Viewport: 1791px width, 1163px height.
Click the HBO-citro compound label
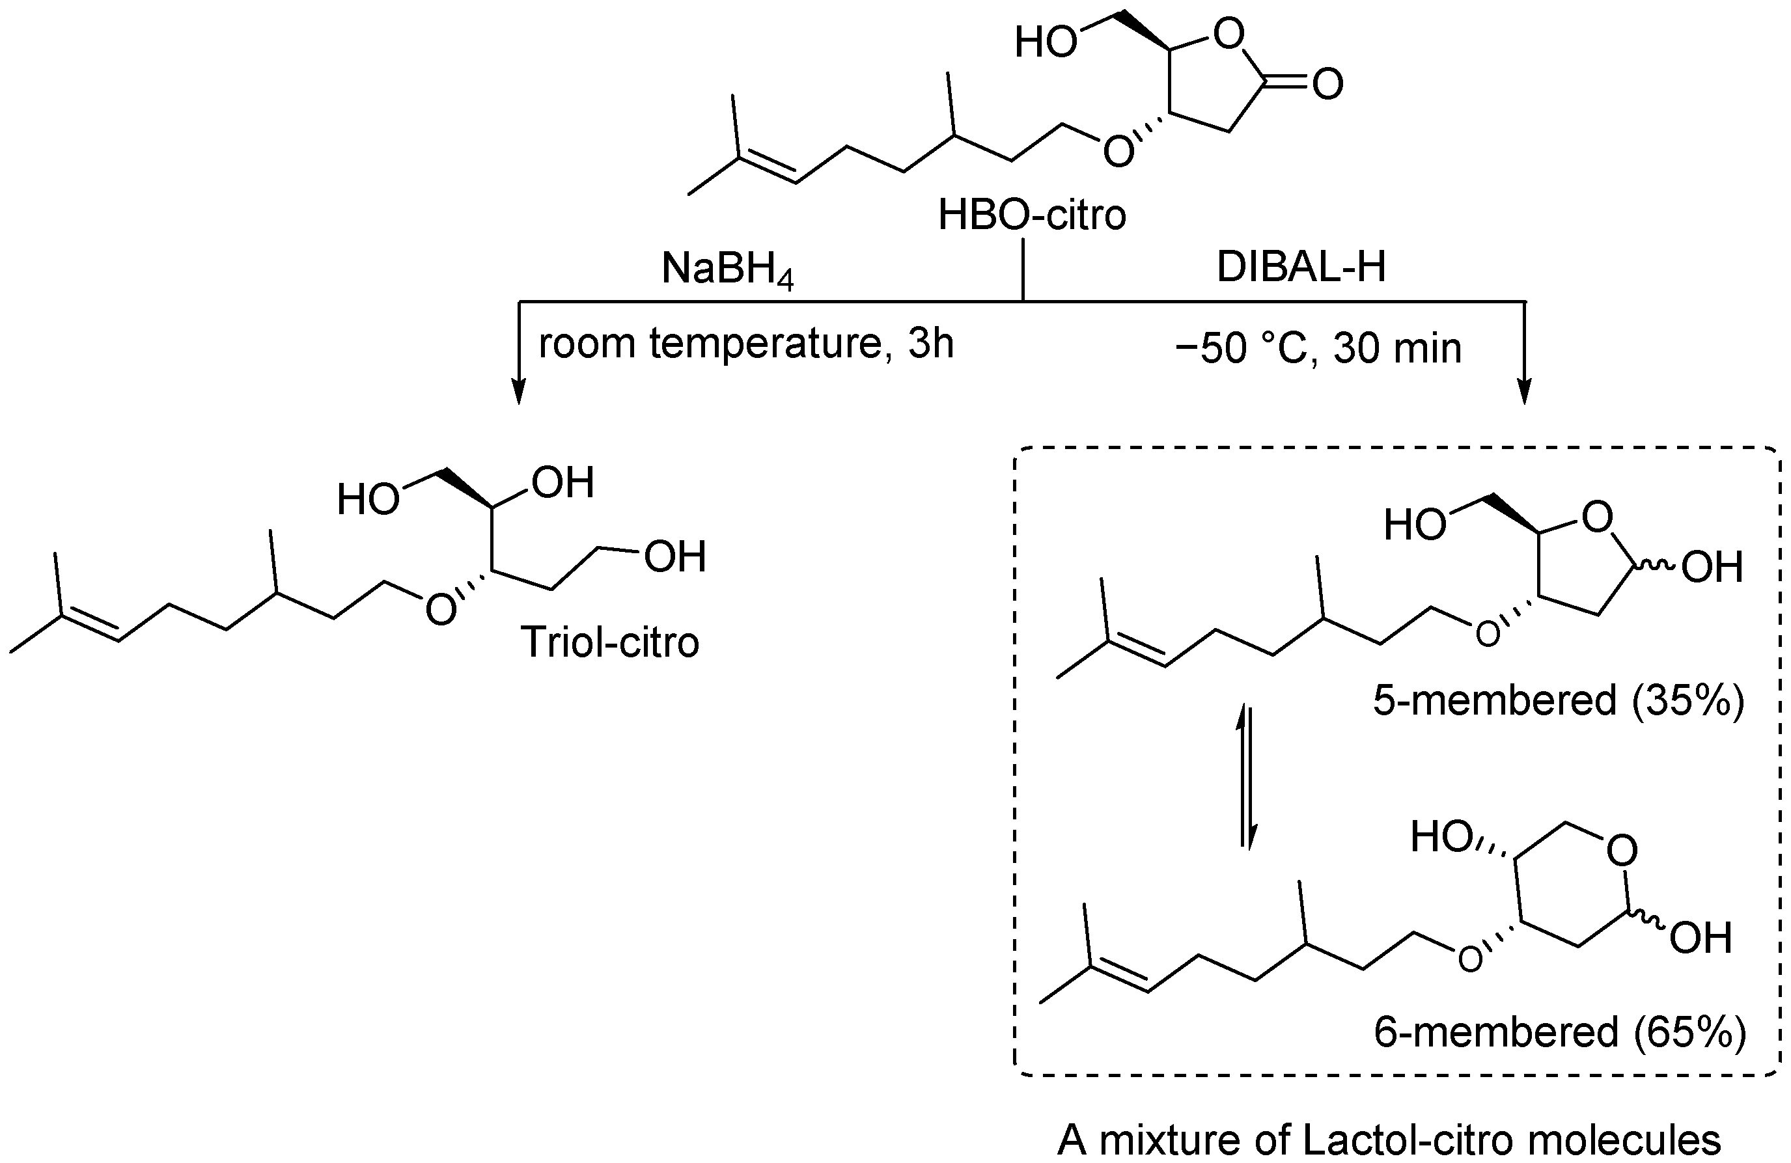pos(1032,215)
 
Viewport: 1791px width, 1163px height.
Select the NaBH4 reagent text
pos(728,269)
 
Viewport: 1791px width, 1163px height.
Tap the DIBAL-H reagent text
pos(1301,267)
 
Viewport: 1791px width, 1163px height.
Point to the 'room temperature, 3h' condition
pos(745,344)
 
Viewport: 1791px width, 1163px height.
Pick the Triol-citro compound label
pos(609,642)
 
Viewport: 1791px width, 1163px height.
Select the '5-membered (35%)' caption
pos(1559,700)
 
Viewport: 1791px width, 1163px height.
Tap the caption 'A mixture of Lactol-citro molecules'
pos(1389,1140)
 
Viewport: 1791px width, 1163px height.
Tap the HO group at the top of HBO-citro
pos(1046,43)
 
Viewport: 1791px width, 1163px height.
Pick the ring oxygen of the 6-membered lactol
pos(1622,851)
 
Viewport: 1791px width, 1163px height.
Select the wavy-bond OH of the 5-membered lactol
pos(1712,568)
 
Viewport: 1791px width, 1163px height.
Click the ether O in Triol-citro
pos(440,609)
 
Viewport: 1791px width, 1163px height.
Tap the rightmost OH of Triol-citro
pos(674,556)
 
